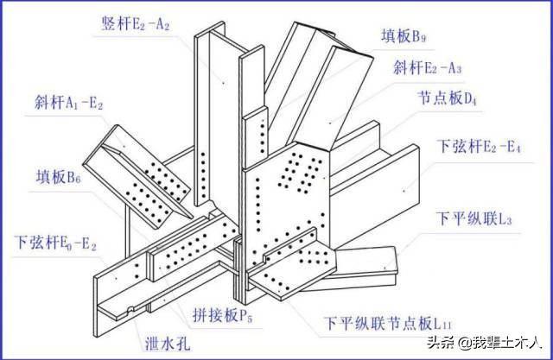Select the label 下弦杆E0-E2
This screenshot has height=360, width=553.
pyautogui.click(x=57, y=243)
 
